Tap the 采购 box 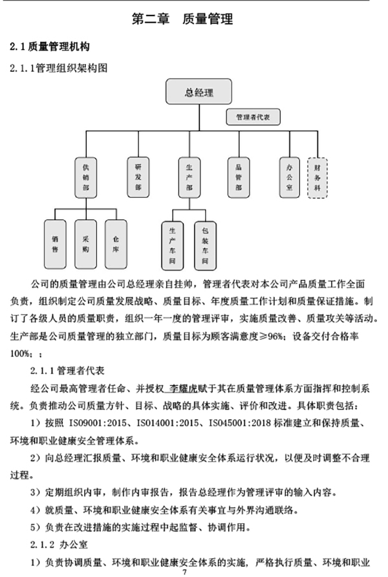(86, 244)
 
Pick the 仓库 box (116, 244)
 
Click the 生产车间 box (173, 245)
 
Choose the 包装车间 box (205, 245)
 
